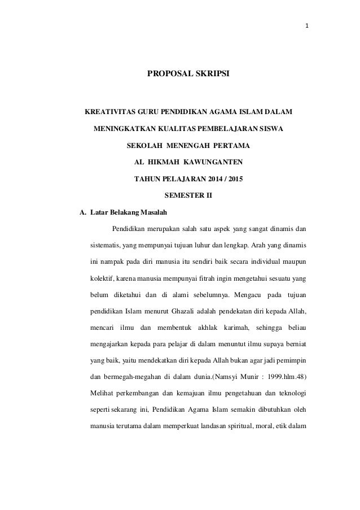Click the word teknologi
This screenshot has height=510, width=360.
(x=289, y=393)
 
